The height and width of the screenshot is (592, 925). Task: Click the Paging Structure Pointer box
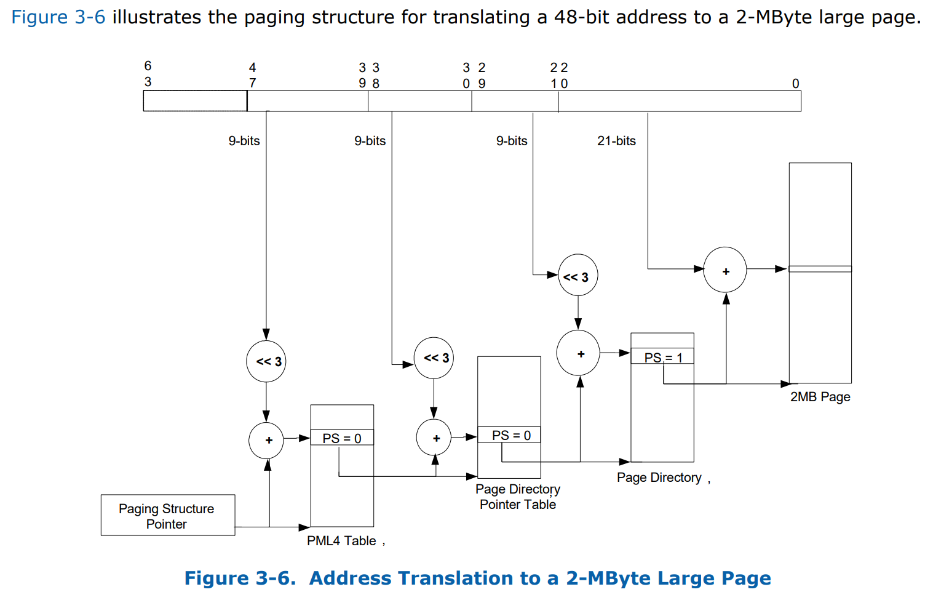167,516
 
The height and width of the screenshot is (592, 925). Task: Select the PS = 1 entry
662,358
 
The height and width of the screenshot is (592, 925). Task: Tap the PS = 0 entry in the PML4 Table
342,438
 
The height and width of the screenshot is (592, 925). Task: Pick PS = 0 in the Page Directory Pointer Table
510,436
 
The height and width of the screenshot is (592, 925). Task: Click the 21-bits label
616,141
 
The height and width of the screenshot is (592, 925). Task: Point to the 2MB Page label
820,397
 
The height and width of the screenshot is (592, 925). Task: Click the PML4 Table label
341,541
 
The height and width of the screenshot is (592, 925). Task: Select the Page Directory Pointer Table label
518,497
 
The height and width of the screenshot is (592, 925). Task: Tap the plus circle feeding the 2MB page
725,271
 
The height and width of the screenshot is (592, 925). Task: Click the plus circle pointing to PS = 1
578,353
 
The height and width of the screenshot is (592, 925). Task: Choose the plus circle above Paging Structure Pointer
266,441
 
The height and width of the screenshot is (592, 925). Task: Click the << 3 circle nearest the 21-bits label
577,276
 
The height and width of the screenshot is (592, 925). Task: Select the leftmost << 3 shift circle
266,361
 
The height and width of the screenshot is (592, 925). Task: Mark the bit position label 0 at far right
795,84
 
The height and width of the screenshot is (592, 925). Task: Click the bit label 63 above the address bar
148,74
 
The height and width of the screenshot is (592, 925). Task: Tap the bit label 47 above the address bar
252,75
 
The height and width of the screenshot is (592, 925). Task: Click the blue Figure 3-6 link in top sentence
58,17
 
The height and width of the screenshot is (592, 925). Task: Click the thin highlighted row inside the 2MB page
820,269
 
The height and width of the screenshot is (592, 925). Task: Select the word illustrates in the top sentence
156,17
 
